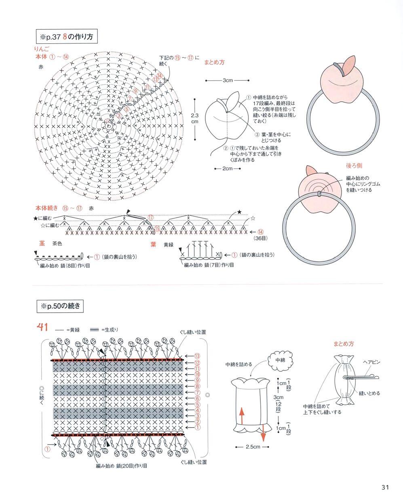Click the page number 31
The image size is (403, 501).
[x=384, y=487]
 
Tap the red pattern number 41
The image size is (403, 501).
[x=43, y=327]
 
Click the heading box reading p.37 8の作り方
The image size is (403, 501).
[x=66, y=37]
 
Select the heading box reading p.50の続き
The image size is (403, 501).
[x=60, y=306]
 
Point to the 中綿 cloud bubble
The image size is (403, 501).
[x=280, y=360]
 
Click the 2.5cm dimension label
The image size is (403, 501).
[x=253, y=447]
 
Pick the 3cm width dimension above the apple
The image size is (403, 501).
[x=228, y=80]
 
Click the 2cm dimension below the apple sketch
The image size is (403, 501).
[x=228, y=168]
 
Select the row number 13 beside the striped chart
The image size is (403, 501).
[x=197, y=356]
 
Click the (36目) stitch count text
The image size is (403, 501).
[x=260, y=238]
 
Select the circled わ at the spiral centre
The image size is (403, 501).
[x=109, y=126]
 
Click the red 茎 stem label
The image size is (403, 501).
[x=42, y=244]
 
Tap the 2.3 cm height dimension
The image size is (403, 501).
[x=194, y=118]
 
